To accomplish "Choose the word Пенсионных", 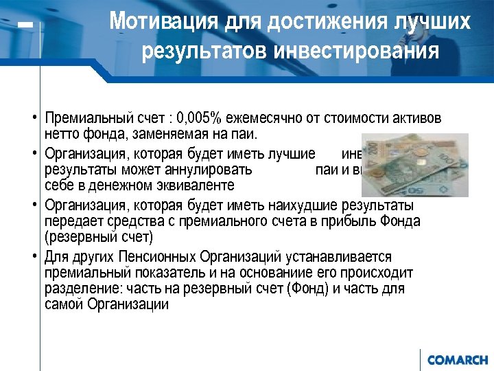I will point(153,257).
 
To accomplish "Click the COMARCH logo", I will point(457,360).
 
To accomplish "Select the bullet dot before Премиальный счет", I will point(33,115).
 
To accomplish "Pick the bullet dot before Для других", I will point(33,257).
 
